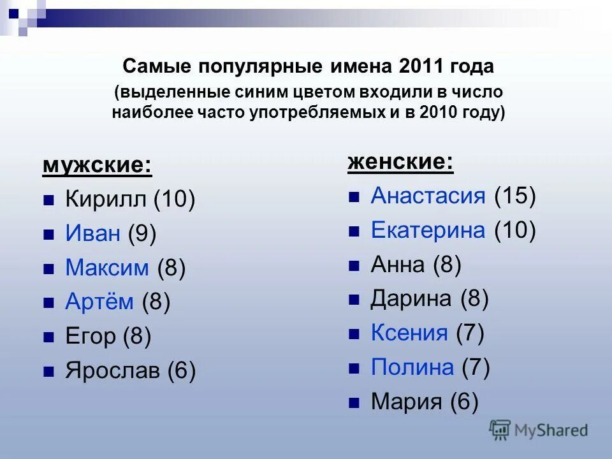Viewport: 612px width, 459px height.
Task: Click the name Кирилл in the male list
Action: [x=106, y=200]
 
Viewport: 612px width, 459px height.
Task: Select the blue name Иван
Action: [x=93, y=234]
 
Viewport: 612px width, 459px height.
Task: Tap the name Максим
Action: [x=107, y=268]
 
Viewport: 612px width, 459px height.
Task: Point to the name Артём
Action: [x=99, y=302]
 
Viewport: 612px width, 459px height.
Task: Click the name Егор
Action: [x=91, y=336]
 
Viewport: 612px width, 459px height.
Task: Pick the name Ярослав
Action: [x=113, y=370]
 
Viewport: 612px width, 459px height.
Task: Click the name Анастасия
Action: [x=428, y=195]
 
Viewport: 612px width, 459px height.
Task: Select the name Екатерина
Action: [x=428, y=229]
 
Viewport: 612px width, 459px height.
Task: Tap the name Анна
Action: [x=398, y=264]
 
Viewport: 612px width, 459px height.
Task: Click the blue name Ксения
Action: [x=409, y=332]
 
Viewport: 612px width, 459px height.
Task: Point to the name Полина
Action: [x=412, y=367]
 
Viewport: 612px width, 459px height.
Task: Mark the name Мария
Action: [x=407, y=402]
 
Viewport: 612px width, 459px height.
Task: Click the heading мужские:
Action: [x=97, y=166]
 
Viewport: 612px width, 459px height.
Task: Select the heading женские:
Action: [x=400, y=162]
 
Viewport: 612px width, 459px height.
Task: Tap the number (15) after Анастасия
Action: [x=514, y=195]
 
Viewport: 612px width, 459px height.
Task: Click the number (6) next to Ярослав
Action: [x=181, y=370]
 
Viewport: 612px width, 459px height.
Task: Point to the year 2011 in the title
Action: [x=421, y=66]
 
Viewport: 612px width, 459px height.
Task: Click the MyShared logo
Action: [x=539, y=430]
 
